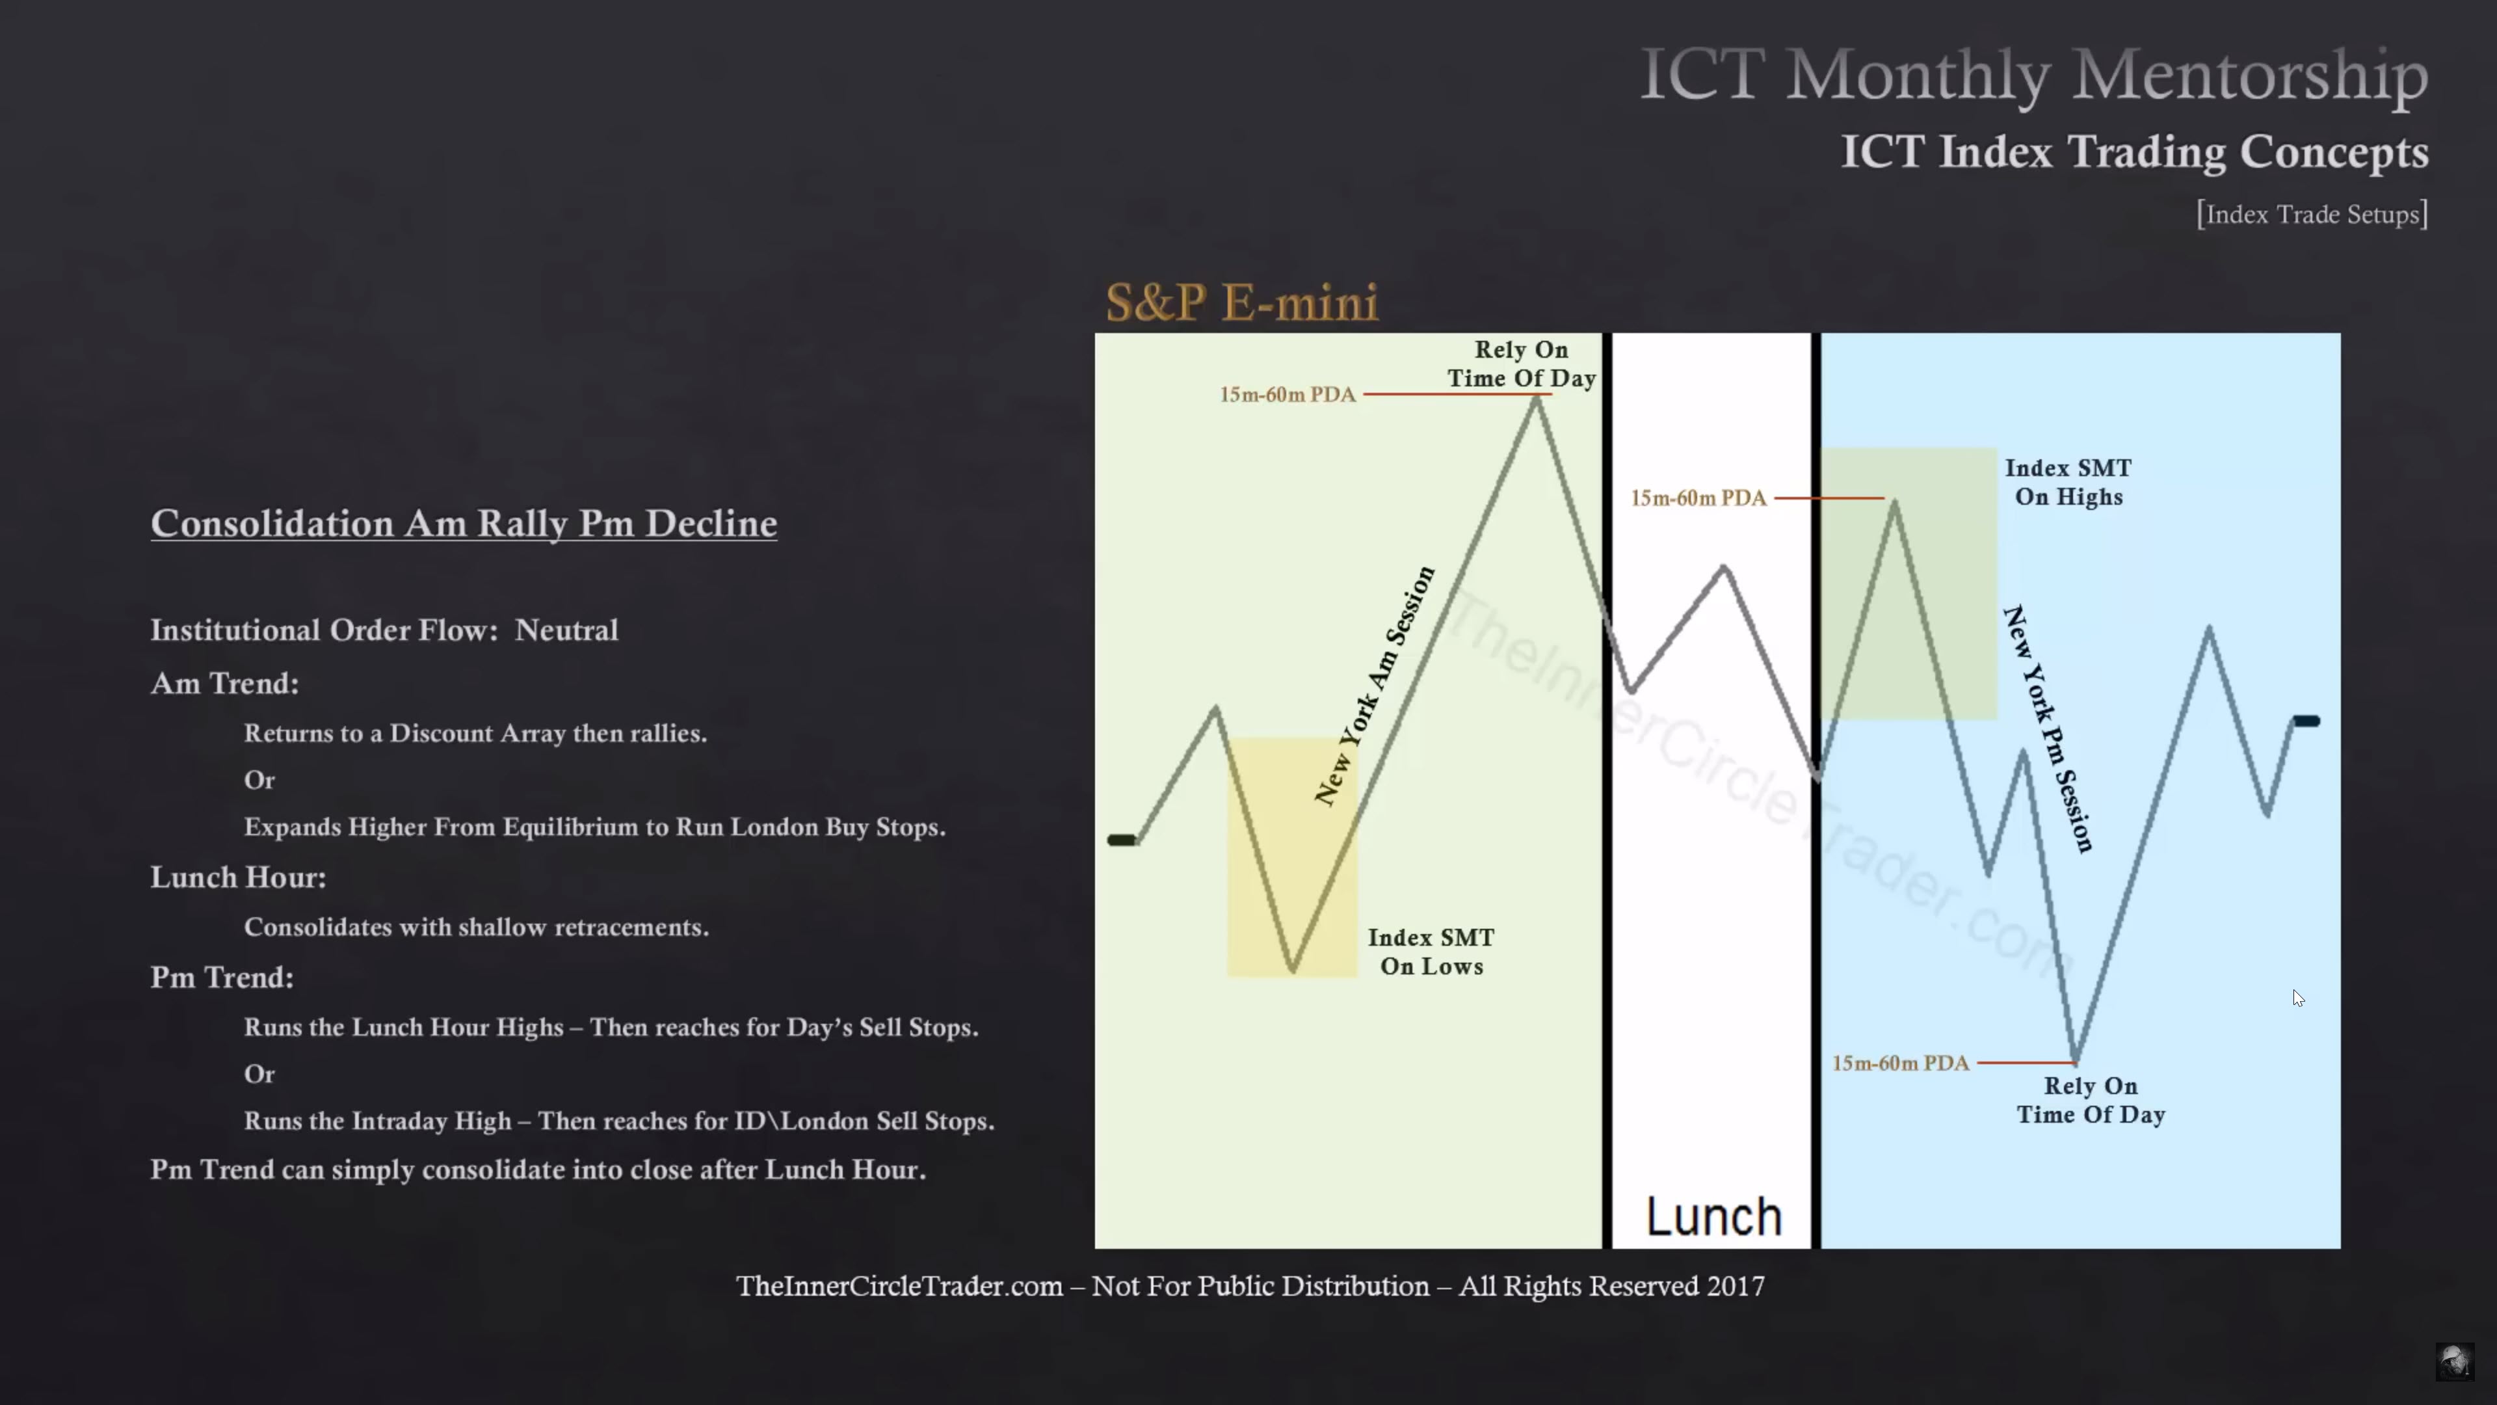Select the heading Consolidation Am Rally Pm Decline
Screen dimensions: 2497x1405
[464, 524]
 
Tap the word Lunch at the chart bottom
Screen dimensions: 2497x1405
[1714, 1216]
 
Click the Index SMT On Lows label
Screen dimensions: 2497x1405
[1431, 951]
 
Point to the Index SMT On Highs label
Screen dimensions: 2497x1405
[2068, 482]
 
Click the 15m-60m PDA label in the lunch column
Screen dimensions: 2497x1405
[1698, 498]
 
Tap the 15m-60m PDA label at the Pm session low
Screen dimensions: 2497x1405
[1900, 1064]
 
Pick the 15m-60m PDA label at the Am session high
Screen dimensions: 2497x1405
[1288, 395]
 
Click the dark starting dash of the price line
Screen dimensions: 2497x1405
[1122, 840]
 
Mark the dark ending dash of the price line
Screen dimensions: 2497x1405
[2306, 721]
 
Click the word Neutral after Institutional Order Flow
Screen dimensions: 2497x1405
[566, 630]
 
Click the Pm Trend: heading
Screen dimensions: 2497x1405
[222, 978]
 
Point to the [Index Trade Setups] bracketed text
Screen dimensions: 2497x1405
[2312, 214]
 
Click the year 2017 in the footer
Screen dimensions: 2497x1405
[1735, 1286]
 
